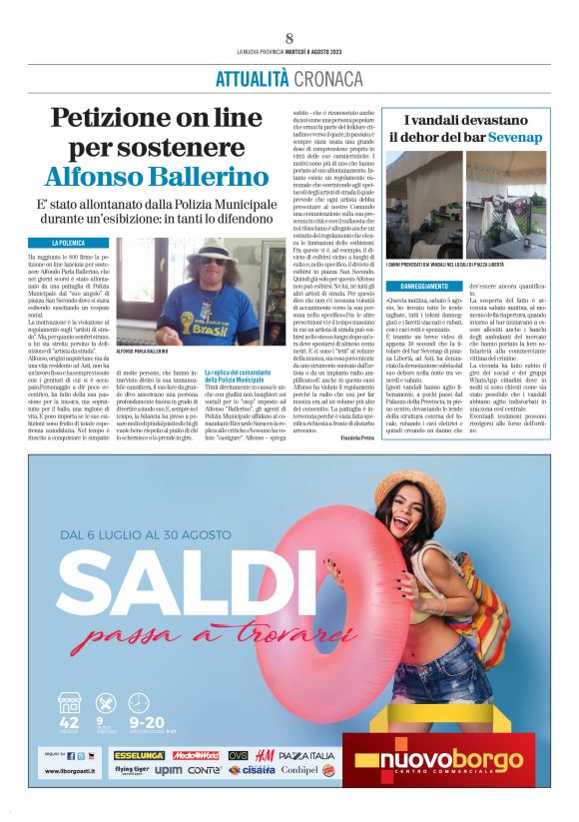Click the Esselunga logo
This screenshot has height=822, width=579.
pos(138,755)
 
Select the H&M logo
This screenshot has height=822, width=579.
pos(264,755)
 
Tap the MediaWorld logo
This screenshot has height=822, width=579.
pos(198,755)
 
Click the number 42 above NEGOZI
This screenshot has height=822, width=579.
pos(70,723)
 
